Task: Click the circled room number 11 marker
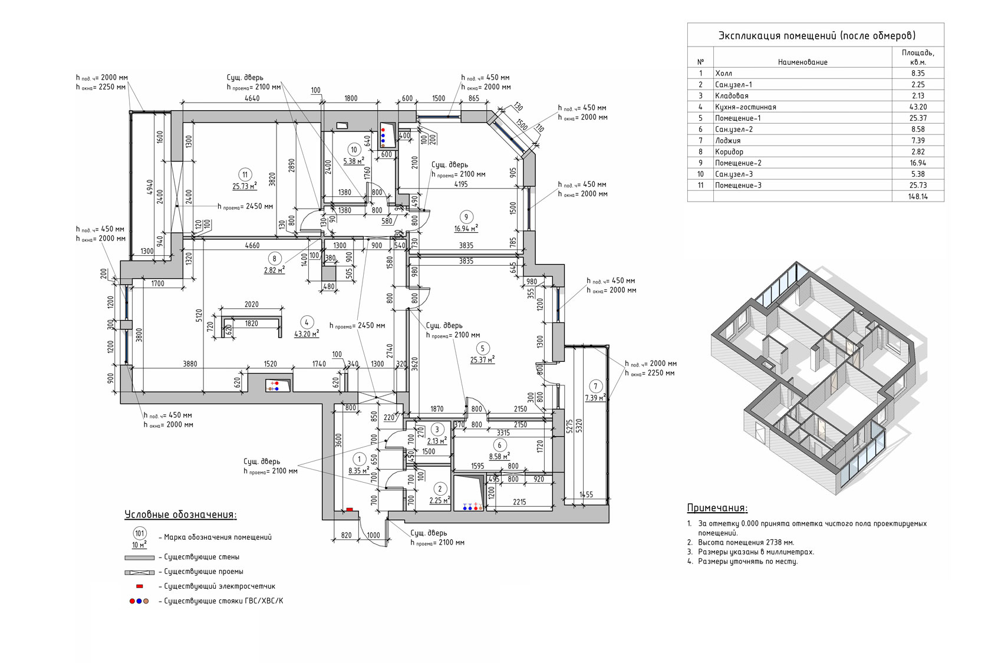pos(245,174)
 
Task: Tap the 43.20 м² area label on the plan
pos(307,334)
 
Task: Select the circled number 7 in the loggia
pos(596,386)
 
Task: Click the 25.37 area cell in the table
pos(918,118)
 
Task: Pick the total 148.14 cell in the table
pos(918,196)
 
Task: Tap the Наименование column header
pos(802,62)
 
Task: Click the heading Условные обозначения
pos(180,514)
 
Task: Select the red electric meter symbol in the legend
pos(140,586)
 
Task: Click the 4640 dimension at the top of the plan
pos(252,98)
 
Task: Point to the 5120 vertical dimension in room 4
pos(199,315)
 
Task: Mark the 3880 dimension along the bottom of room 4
pos(190,364)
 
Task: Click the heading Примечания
pos(717,507)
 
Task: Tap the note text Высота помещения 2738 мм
pos(746,542)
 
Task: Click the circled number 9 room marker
pos(466,217)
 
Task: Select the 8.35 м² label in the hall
pos(359,471)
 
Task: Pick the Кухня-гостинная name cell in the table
pos(745,107)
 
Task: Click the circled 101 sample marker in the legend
pos(140,533)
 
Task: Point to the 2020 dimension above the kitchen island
pos(252,304)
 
